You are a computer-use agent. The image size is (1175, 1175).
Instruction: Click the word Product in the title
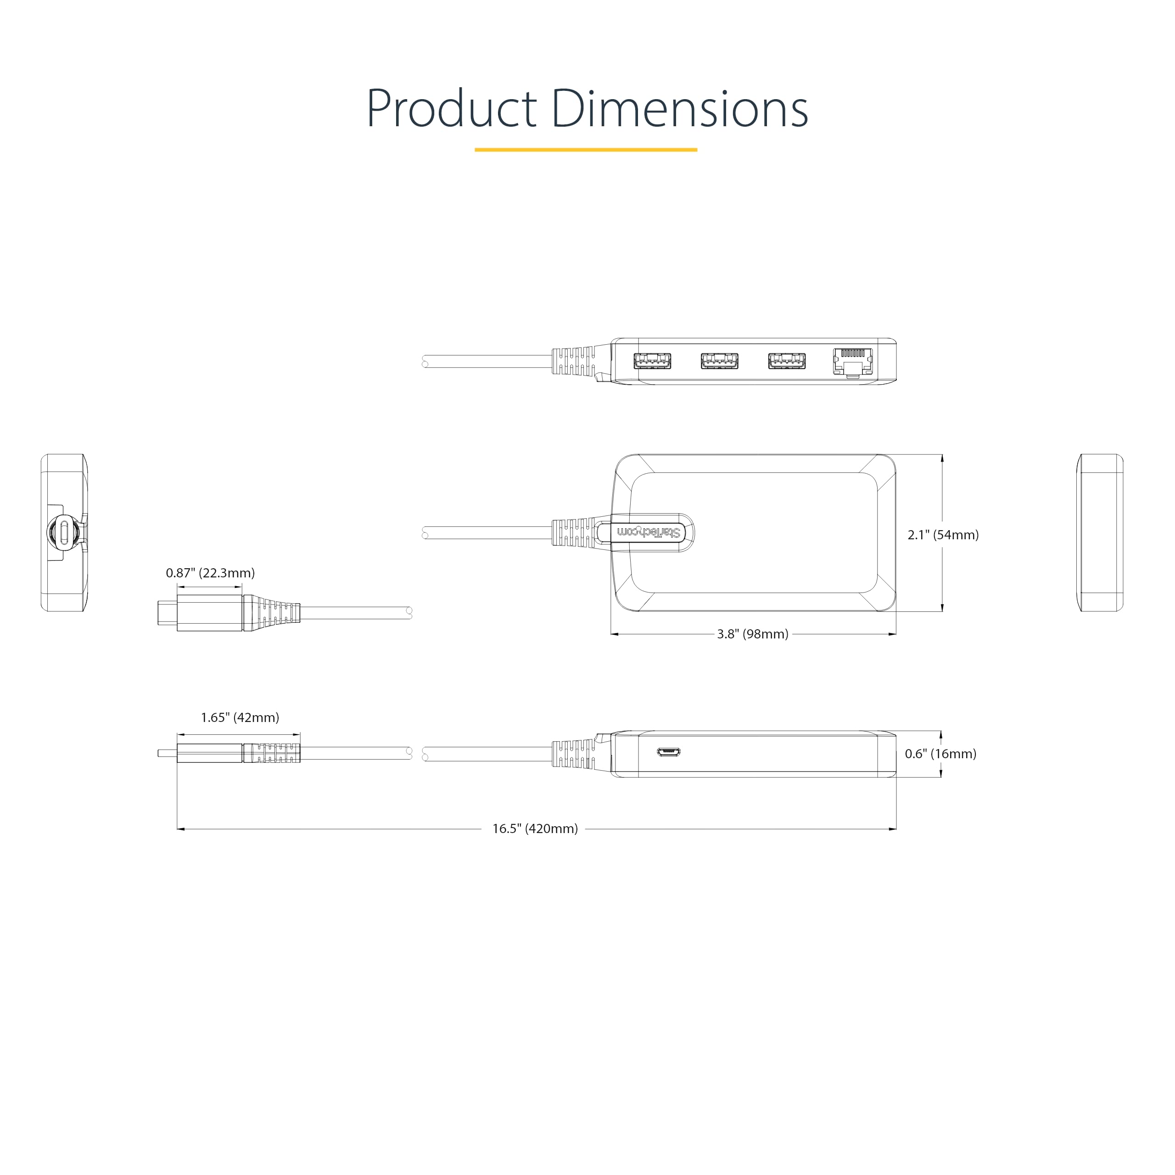(x=451, y=110)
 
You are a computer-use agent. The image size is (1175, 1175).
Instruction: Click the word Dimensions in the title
(x=680, y=110)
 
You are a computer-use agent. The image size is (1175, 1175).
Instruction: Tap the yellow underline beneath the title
(x=586, y=150)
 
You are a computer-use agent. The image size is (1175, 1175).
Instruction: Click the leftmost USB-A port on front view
(x=652, y=361)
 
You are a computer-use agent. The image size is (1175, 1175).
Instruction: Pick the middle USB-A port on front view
(x=720, y=361)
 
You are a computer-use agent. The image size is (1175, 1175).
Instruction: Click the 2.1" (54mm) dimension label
(x=943, y=535)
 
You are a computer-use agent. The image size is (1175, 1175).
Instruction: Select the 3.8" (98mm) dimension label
(x=752, y=634)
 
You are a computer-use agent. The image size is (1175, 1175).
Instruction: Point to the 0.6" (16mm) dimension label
(x=940, y=754)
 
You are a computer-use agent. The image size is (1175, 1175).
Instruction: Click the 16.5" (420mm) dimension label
(x=535, y=828)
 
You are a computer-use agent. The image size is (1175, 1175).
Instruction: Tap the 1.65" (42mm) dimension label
(x=240, y=718)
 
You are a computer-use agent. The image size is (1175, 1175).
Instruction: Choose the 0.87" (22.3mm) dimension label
(x=210, y=573)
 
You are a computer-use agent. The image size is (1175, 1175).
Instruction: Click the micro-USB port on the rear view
(x=668, y=752)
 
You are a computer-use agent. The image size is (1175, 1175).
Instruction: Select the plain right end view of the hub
(x=1101, y=533)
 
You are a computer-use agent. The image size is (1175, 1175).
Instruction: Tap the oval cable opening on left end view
(x=64, y=533)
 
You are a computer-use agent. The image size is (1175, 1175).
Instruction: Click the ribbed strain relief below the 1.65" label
(x=272, y=753)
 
